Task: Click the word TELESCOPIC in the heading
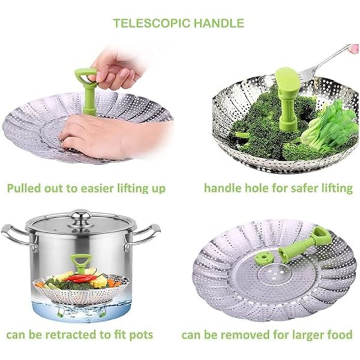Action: [x=152, y=23]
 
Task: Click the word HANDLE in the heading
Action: [x=219, y=23]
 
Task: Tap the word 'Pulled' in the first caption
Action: [x=24, y=188]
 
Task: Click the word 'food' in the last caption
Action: [x=340, y=335]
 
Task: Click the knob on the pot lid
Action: [x=80, y=216]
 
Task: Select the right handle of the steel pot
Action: [x=143, y=236]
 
